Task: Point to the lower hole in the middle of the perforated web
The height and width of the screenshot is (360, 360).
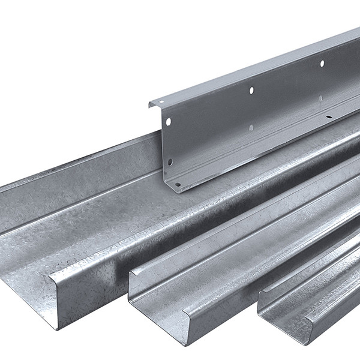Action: coord(251,128)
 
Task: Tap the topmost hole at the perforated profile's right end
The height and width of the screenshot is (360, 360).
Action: coord(322,63)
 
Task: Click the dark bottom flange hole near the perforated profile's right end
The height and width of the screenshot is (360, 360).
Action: coord(328,118)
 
